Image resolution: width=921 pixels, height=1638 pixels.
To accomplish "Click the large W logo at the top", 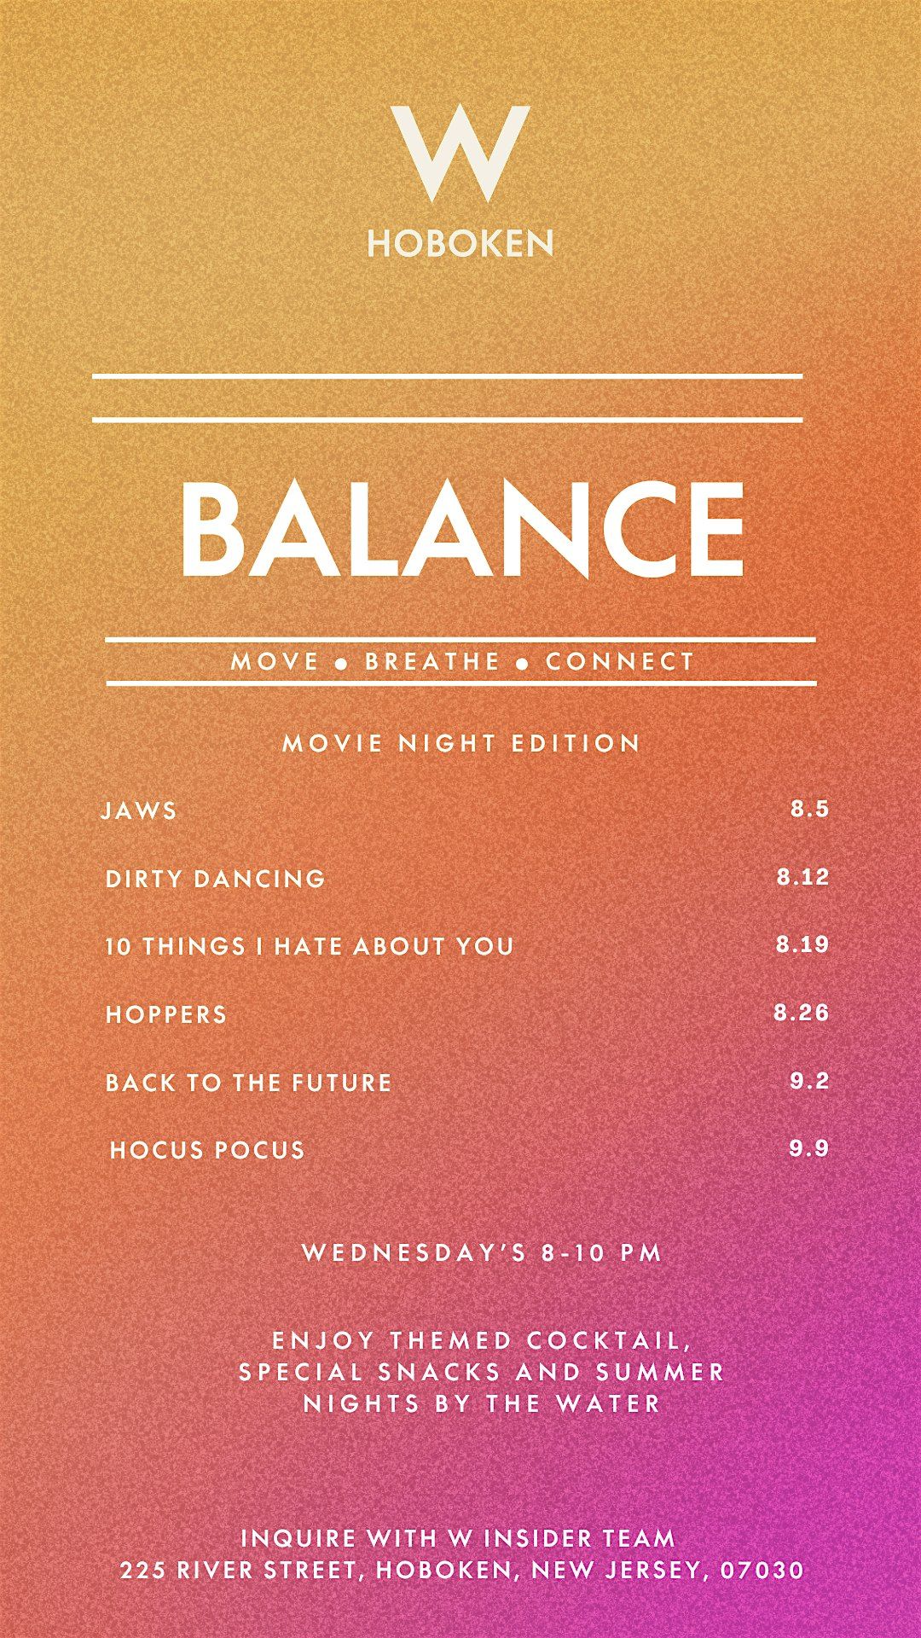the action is point(460,153).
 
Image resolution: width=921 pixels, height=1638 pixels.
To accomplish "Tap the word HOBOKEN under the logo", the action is point(460,244).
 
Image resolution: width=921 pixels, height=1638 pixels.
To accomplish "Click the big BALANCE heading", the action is point(462,527).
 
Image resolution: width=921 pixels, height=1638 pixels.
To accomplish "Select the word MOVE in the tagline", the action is point(275,661).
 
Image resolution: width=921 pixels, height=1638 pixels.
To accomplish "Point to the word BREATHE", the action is point(432,661).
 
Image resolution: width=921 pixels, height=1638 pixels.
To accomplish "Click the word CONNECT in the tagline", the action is point(620,661).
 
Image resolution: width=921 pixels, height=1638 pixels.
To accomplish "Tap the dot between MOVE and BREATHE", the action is point(342,664).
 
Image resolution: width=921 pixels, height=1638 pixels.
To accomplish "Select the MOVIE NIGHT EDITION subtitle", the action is point(461,743).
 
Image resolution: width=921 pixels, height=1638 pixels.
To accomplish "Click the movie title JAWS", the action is point(139,810).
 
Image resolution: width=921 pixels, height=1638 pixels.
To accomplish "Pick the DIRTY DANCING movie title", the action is point(215,879).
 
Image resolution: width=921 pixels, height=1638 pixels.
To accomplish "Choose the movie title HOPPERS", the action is point(166,1014).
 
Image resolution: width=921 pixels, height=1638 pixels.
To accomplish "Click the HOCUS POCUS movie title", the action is point(207,1150).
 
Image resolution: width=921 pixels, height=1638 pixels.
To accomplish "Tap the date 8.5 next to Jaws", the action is point(809,809).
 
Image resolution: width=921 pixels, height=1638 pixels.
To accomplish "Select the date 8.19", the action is point(802,944).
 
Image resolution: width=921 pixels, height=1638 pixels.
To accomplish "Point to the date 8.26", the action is point(802,1013).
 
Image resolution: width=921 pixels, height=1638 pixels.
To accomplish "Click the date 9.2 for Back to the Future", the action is point(809,1081).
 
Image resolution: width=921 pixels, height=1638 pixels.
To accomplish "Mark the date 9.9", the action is point(808,1148).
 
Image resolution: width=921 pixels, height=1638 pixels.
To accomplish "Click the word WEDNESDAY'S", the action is point(415,1252).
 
